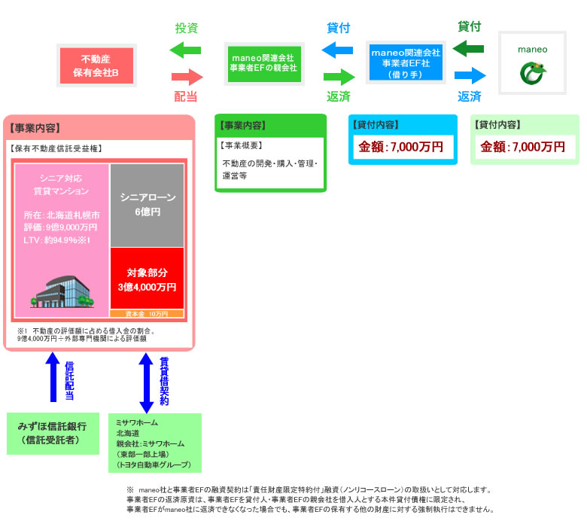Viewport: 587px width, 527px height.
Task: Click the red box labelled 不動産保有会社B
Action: click(96, 65)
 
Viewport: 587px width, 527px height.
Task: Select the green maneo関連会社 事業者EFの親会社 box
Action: click(263, 63)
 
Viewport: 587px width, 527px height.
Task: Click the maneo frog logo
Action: click(532, 72)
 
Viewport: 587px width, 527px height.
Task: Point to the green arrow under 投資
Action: click(186, 51)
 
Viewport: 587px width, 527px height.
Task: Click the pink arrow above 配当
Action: click(187, 77)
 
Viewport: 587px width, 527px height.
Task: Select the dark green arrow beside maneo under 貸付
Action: click(470, 50)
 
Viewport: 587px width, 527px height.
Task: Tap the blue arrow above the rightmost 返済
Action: click(470, 75)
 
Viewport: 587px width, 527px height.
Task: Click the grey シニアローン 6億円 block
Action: click(148, 204)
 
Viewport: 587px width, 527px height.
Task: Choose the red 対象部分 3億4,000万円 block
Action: click(148, 279)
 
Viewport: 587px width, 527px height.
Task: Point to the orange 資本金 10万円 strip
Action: click(148, 313)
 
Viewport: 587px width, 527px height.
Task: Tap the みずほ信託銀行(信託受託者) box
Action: click(53, 433)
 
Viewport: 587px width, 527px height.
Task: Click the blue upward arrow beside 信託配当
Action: click(53, 376)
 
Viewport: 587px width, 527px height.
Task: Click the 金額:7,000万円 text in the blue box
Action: click(401, 147)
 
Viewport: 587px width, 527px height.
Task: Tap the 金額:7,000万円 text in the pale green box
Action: click(524, 147)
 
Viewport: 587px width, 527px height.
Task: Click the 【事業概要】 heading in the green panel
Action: click(241, 145)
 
